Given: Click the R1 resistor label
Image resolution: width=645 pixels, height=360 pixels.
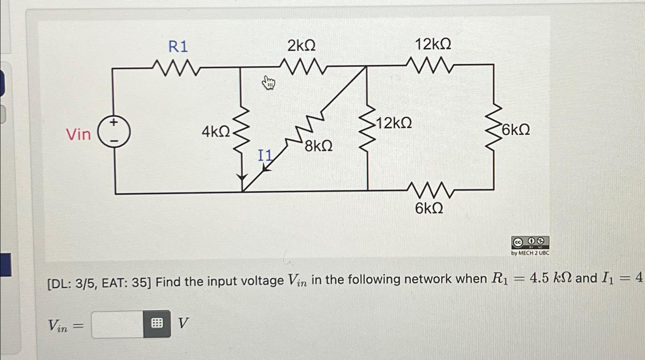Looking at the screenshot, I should click(x=178, y=47).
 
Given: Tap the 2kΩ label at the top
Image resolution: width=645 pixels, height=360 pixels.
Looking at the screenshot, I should click(x=302, y=46).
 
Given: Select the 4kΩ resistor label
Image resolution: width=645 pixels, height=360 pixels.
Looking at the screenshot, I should click(x=216, y=131).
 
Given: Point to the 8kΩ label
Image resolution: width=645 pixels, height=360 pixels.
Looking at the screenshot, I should click(x=318, y=146).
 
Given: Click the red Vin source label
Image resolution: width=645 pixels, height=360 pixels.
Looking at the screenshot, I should click(x=78, y=134).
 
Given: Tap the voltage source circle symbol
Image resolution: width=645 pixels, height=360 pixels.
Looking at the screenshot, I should click(x=114, y=132).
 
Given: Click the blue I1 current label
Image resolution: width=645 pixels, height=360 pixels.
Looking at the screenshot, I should click(x=265, y=155).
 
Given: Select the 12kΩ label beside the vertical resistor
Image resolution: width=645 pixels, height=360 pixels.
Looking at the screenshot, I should click(x=394, y=123).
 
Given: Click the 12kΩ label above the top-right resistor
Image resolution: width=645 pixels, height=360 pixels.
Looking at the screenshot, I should click(x=433, y=44).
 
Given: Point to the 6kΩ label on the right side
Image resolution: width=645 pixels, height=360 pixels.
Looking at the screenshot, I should click(x=516, y=130).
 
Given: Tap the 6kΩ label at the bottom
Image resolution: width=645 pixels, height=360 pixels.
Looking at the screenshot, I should click(x=429, y=208).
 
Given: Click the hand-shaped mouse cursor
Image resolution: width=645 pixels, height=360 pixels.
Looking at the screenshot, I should click(x=269, y=83).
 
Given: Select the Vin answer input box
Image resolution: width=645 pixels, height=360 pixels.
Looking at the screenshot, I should click(x=118, y=324).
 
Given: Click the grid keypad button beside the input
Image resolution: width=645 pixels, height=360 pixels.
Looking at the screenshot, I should click(x=157, y=324).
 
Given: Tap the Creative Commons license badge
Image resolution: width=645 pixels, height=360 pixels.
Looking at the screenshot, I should click(x=530, y=242).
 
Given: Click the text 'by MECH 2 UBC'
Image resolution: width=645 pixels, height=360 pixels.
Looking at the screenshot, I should click(x=530, y=253).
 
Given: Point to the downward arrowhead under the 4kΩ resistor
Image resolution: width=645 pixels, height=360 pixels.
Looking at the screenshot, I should click(x=242, y=177).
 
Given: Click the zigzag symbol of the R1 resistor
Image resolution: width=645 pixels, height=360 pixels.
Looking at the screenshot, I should click(x=176, y=68).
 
